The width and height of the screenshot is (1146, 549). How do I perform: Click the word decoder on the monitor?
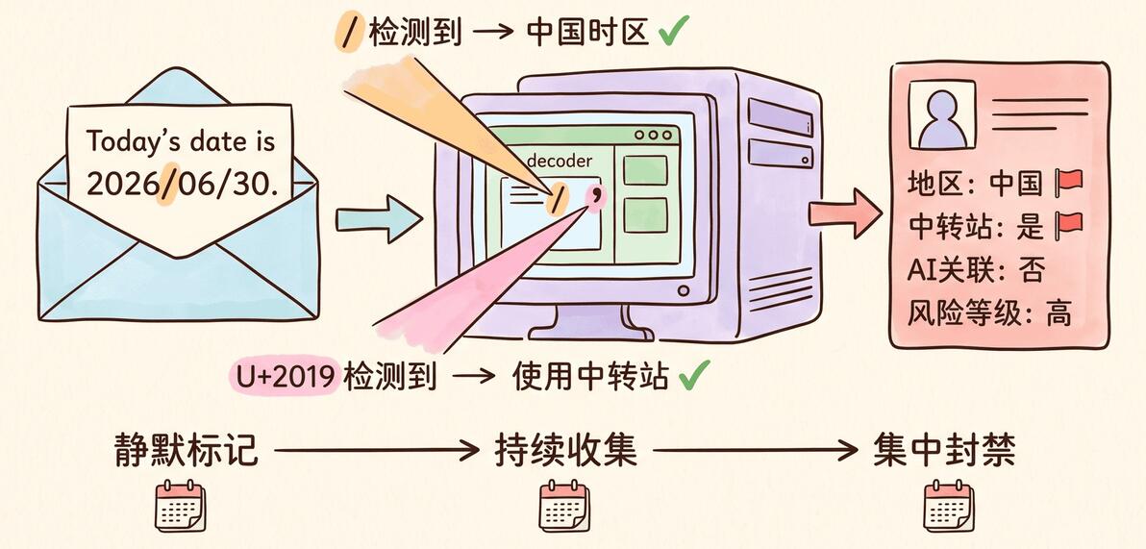pos(560,162)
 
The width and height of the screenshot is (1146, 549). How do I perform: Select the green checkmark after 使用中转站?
pos(694,376)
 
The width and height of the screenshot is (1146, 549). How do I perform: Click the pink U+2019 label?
pos(286,376)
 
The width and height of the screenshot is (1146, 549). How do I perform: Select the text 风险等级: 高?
pos(989,313)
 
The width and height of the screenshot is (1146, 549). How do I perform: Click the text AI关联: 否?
pos(976,270)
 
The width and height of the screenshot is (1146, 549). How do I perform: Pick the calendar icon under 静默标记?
pos(180,506)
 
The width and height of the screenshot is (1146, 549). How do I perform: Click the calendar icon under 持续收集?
pos(563,506)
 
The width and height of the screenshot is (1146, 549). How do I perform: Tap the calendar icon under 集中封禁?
pos(948,506)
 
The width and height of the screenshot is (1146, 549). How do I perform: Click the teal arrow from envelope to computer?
pos(380,218)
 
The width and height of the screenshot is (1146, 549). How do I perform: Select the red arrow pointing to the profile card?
pos(845,212)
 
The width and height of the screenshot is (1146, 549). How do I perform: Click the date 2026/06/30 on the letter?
pos(182,185)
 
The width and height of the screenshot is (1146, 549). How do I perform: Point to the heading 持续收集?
pos(565,451)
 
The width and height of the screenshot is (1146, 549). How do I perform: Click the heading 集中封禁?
pos(943,451)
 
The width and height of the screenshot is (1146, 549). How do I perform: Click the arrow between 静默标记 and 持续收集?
pos(377,451)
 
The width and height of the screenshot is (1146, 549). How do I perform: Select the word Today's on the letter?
pos(134,141)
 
